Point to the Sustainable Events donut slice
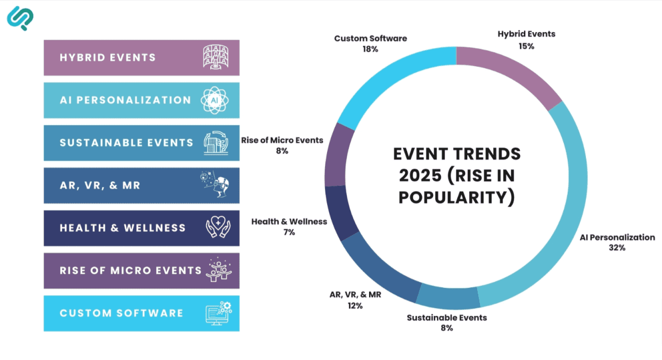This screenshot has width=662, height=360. [x=447, y=298]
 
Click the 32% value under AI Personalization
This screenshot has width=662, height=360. [x=617, y=248]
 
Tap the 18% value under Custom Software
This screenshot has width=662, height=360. [x=370, y=49]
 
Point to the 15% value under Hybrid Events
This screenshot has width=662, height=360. [x=526, y=46]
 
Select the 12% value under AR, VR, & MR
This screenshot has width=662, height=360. [x=355, y=305]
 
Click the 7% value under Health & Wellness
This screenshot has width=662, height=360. [x=289, y=232]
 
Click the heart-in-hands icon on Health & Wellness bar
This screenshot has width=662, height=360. [x=218, y=227]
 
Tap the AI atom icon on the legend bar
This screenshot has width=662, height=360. [x=215, y=100]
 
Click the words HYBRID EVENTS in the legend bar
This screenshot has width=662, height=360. [x=108, y=57]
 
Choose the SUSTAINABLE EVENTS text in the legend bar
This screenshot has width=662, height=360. [x=126, y=142]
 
